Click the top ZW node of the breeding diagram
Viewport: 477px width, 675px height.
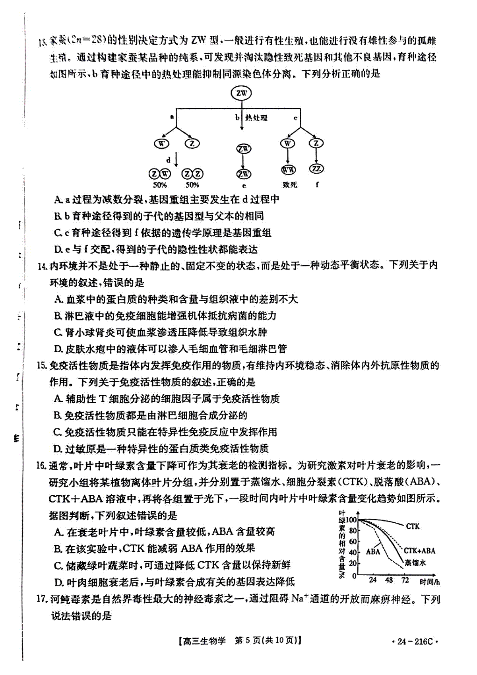pyautogui.click(x=241, y=93)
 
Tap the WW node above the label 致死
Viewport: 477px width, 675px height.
pyautogui.click(x=288, y=170)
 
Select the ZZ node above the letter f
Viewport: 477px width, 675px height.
pyautogui.click(x=316, y=169)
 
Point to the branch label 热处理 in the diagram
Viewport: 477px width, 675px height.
pyautogui.click(x=256, y=118)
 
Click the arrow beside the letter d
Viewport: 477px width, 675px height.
pyautogui.click(x=176, y=160)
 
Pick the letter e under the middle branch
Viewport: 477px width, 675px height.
pyautogui.click(x=244, y=186)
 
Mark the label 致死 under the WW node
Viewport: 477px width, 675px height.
pyautogui.click(x=290, y=185)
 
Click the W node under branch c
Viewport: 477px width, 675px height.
pyautogui.click(x=287, y=143)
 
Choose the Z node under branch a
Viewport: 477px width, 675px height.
pyautogui.click(x=192, y=143)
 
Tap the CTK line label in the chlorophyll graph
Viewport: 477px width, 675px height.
pyautogui.click(x=413, y=526)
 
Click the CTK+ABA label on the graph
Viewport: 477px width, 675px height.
pyautogui.click(x=419, y=551)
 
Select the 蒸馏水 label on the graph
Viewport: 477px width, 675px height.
pyautogui.click(x=415, y=563)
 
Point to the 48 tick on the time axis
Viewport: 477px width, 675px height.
pyautogui.click(x=389, y=580)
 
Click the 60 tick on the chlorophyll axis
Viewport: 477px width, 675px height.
pyautogui.click(x=353, y=541)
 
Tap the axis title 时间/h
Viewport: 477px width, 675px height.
pyautogui.click(x=429, y=582)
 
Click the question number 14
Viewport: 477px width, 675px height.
pyautogui.click(x=43, y=266)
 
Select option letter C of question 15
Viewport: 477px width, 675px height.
pyautogui.click(x=58, y=432)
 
